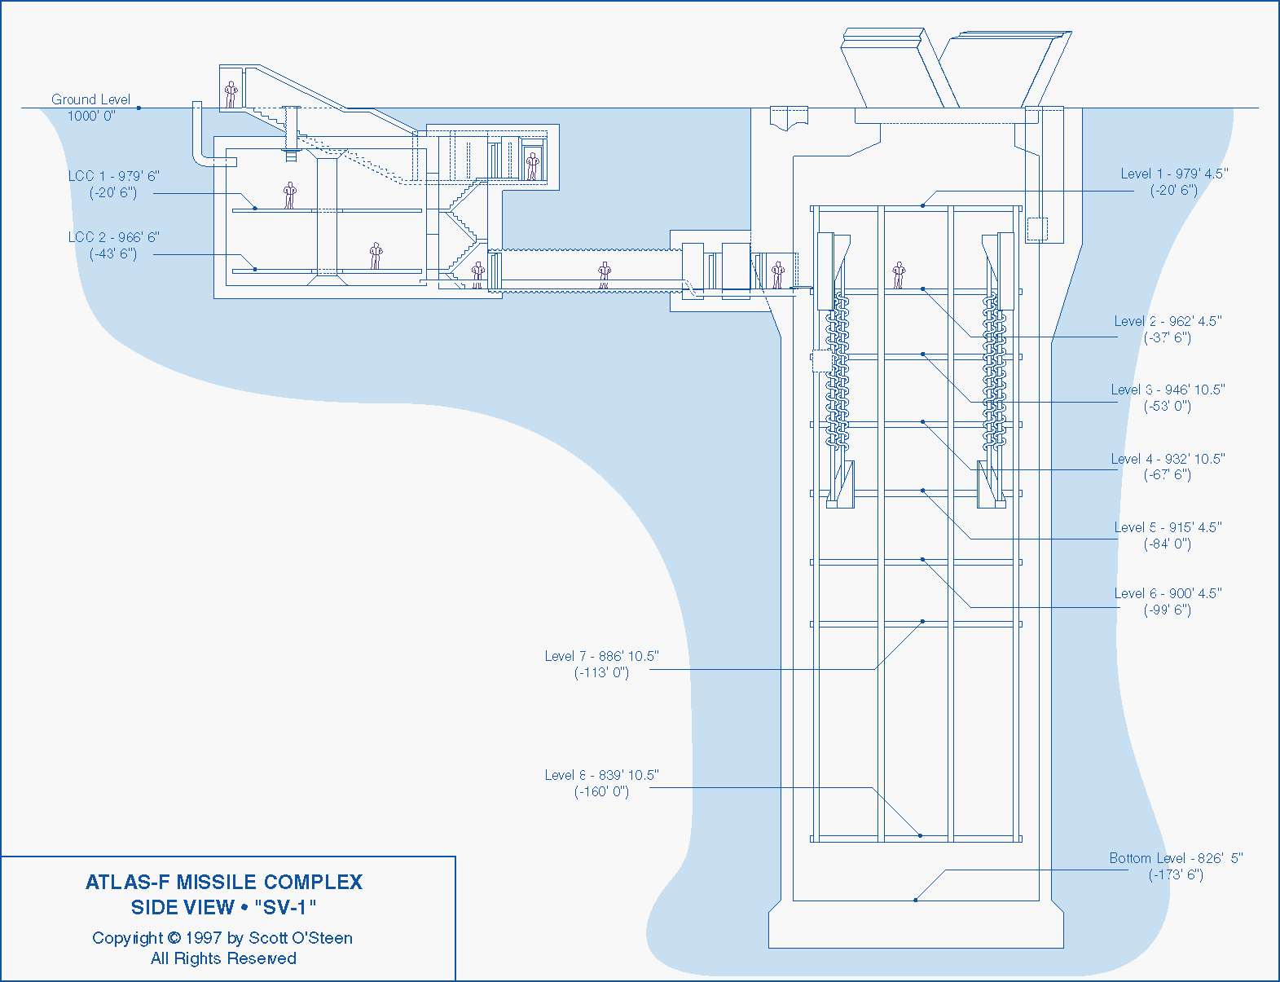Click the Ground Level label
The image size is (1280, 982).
pos(90,99)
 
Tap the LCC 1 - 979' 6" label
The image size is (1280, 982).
pos(113,176)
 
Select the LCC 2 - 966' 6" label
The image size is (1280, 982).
pos(113,237)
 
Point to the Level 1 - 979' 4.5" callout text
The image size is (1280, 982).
pos(1174,174)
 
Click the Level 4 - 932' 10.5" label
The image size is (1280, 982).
pos(1168,459)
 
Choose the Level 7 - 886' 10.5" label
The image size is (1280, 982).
pos(601,656)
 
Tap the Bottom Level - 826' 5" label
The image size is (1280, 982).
pos(1176,858)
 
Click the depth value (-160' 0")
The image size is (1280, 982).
pos(601,791)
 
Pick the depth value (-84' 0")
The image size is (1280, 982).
pos(1167,544)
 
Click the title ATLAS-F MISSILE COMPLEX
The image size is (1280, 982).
pos(224,882)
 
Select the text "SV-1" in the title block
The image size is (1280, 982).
pos(285,907)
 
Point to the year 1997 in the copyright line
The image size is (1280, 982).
pos(204,938)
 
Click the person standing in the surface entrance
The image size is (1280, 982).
pos(231,94)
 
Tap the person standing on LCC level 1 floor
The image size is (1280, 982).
pos(289,195)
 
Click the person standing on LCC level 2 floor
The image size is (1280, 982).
pos(376,255)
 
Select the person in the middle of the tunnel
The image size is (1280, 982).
pos(604,275)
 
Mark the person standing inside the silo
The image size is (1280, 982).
pos(899,275)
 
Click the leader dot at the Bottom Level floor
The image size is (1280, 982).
pos(916,900)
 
